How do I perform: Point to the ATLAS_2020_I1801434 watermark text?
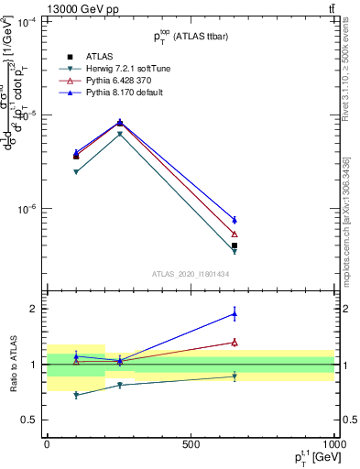[x=190, y=274]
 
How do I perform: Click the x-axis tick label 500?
[x=191, y=444]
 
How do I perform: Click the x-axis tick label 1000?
[x=333, y=444]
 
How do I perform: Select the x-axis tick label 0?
[x=47, y=444]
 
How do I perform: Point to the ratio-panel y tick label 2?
[x=33, y=309]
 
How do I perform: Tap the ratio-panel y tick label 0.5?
[x=29, y=420]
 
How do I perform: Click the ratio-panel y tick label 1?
[x=33, y=365]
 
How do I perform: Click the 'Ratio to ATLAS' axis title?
[x=12, y=364]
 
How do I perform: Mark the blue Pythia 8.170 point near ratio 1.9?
[x=235, y=313]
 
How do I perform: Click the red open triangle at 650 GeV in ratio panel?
[x=235, y=343]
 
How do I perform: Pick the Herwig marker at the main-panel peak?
[x=120, y=134]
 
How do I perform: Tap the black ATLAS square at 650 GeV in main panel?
[x=235, y=245]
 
